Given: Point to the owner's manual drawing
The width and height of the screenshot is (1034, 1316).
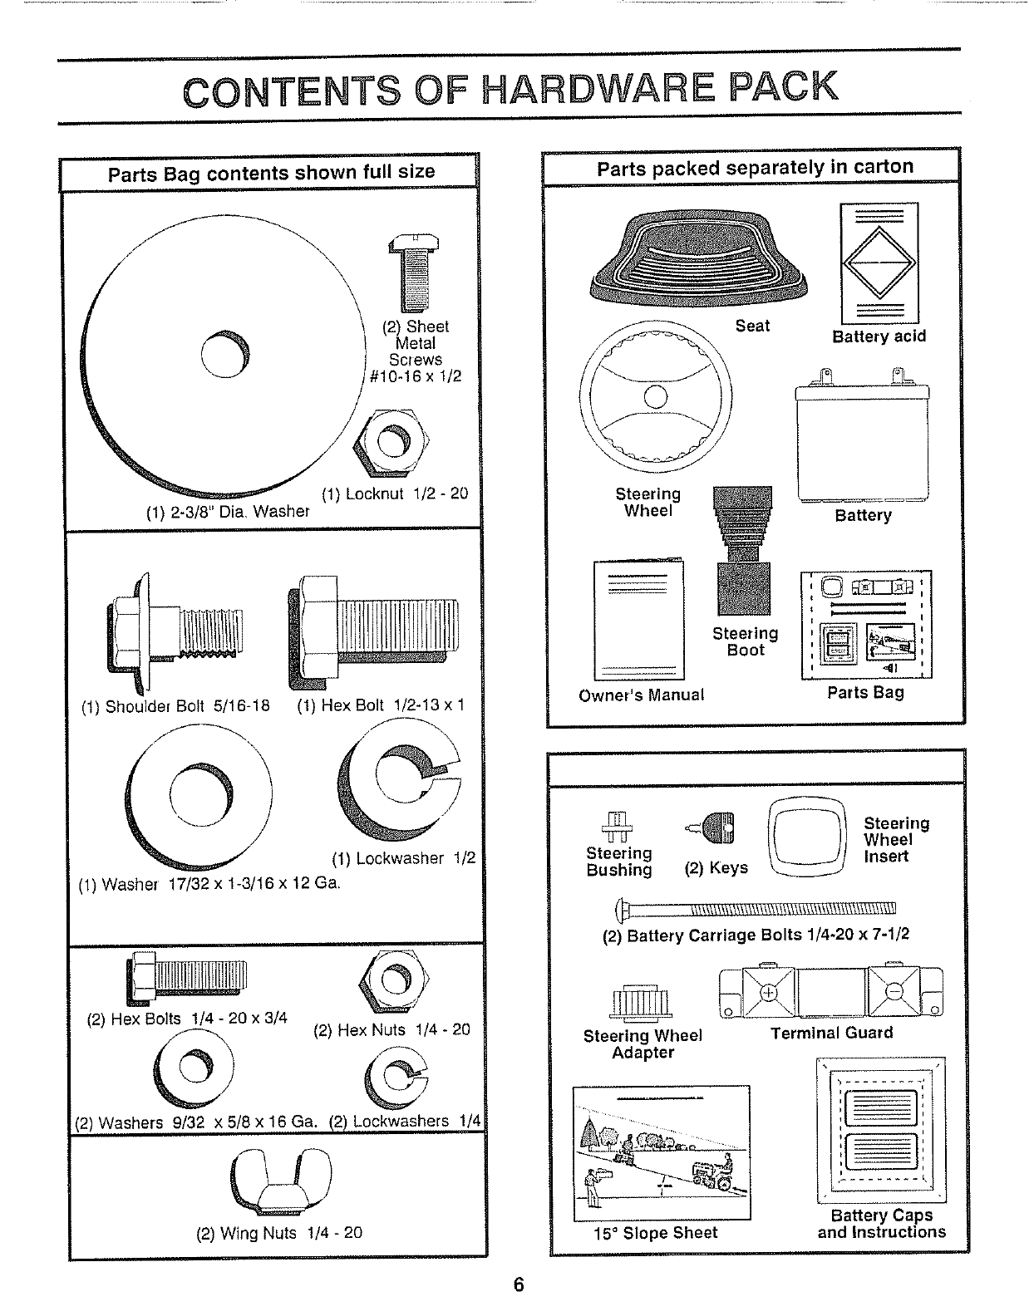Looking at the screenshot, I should pos(639,620).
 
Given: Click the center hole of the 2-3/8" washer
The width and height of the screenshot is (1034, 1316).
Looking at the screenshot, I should pos(225,356).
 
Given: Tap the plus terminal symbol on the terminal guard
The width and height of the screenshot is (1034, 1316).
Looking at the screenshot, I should pos(769,992).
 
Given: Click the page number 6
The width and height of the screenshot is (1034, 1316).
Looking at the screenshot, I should pos(519,1284).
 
